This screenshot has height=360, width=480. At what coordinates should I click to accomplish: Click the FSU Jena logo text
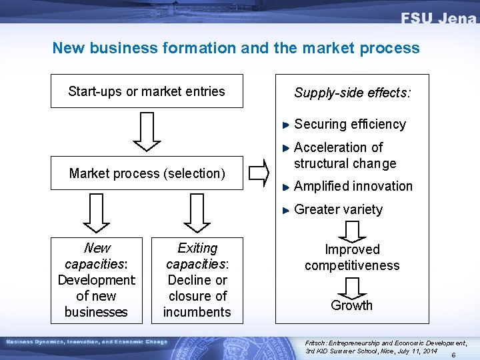[x=438, y=18]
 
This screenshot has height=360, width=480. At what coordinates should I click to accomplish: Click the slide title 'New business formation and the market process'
[x=236, y=48]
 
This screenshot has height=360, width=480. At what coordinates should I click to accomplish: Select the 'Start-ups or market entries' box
[x=147, y=91]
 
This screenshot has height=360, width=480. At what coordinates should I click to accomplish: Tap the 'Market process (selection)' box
[x=147, y=173]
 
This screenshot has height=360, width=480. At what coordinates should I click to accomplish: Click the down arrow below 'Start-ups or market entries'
[x=147, y=131]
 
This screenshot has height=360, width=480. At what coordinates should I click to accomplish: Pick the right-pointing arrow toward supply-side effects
[x=259, y=173]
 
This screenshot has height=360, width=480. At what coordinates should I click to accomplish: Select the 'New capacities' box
[x=97, y=280]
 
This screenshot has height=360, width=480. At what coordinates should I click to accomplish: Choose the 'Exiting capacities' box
[x=197, y=280]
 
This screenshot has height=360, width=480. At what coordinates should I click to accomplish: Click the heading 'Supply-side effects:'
[x=353, y=93]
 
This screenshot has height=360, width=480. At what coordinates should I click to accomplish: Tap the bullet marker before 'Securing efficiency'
[x=286, y=125]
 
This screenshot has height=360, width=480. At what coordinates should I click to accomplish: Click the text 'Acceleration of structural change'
[x=345, y=155]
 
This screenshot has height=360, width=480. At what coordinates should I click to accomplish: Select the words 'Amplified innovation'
[x=353, y=186]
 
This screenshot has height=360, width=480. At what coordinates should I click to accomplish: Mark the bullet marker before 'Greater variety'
[x=286, y=210]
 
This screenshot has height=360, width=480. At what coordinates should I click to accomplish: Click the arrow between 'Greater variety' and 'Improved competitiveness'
[x=351, y=231]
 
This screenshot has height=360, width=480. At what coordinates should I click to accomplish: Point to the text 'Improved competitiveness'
[x=352, y=257]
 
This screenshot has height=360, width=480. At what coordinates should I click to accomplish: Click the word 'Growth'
[x=351, y=305]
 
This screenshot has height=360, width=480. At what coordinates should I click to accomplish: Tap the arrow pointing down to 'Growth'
[x=351, y=287]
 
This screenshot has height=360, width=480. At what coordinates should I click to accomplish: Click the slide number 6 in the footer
[x=453, y=355]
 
